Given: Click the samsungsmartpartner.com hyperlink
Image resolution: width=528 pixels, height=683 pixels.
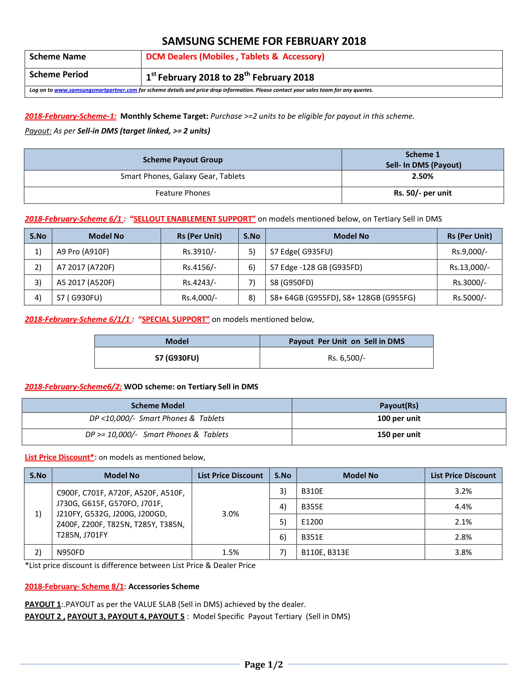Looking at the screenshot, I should tap(95, 90).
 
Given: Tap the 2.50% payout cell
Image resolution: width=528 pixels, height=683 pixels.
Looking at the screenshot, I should tap(422, 176).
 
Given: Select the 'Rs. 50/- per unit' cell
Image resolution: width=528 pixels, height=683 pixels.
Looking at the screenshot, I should tap(422, 193).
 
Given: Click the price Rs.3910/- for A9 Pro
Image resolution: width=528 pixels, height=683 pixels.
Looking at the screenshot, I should tap(199, 252).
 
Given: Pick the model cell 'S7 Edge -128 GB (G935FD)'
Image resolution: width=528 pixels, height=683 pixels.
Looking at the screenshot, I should tap(316, 267).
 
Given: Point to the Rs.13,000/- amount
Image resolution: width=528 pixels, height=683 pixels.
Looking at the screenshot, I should tap(469, 267).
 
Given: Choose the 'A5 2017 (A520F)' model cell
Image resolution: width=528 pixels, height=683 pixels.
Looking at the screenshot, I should tap(85, 283).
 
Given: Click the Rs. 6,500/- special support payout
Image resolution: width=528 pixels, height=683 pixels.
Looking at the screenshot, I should tap(346, 358).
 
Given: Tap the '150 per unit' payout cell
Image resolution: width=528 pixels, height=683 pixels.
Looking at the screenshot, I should tap(398, 435).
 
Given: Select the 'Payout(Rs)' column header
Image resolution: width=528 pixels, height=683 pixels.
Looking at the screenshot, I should tap(398, 406).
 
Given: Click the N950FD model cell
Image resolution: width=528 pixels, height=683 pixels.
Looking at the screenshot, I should tap(71, 552).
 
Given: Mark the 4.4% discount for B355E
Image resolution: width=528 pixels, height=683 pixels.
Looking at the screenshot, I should tap(463, 507).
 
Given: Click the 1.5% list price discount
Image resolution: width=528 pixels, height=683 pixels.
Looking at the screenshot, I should tap(230, 552).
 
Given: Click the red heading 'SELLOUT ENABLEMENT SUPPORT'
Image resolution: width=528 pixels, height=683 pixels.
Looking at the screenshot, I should tap(194, 219).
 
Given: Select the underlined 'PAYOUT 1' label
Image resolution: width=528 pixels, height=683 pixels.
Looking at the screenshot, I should tap(43, 604).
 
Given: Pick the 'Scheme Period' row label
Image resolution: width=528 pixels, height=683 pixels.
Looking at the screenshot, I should tap(59, 75).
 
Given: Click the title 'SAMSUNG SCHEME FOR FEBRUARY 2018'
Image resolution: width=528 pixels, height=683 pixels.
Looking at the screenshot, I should tap(264, 41).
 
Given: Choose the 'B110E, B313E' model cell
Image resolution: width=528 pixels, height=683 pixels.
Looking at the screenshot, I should tap(325, 552).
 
